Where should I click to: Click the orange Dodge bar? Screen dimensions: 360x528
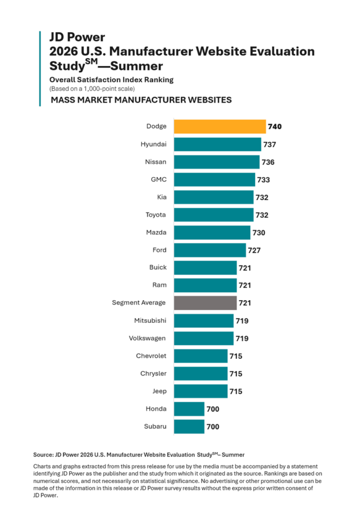[x=220, y=127]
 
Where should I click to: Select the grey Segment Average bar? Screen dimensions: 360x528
[x=205, y=303]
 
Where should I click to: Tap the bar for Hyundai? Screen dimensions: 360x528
[x=218, y=144]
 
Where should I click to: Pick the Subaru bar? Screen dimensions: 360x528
[x=189, y=426]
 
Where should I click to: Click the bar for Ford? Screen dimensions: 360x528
[x=210, y=250]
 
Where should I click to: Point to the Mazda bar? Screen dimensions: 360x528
[x=212, y=233]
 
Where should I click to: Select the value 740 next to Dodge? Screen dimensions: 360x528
[x=275, y=127]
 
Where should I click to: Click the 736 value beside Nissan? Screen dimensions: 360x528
[x=268, y=162]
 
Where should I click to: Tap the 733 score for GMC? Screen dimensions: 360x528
[x=264, y=180]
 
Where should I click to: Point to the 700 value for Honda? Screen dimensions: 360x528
[x=213, y=409]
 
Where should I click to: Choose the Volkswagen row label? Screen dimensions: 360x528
[x=147, y=338]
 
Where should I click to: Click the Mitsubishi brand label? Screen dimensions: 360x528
[x=150, y=321]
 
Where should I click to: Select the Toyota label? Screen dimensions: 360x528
[x=156, y=215]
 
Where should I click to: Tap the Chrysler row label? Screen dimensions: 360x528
[x=153, y=373]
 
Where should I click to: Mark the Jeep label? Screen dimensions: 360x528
[x=159, y=391]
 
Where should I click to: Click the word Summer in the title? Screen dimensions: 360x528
[x=137, y=66]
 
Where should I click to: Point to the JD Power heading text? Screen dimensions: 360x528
[x=77, y=37]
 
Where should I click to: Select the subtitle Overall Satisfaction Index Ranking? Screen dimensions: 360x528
[x=111, y=80]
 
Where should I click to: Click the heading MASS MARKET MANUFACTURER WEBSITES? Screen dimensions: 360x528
[x=141, y=100]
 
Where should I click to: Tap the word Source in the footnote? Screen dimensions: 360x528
[x=43, y=455]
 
